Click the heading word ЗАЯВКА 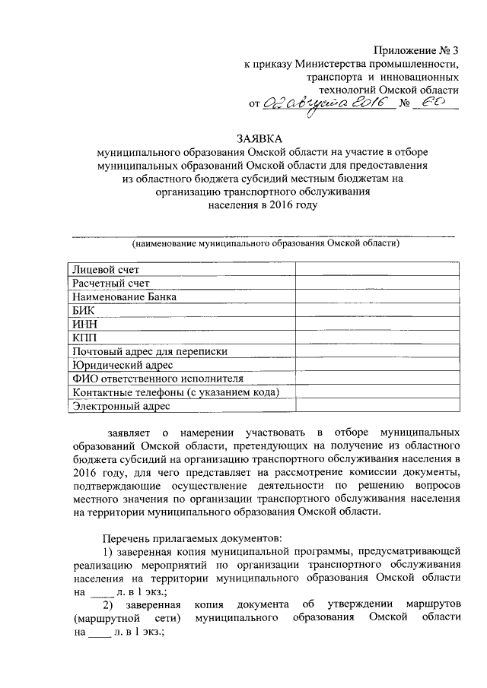coord(258,138)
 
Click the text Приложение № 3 coord(417,51)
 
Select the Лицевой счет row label coord(106,269)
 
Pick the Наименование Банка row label coord(124,296)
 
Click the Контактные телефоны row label coord(174,392)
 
